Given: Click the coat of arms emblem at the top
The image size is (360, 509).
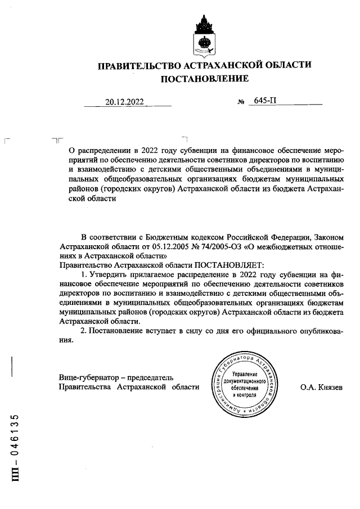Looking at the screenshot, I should (204, 34).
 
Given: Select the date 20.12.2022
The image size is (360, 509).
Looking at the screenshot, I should (124, 102).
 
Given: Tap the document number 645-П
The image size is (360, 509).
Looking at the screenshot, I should (266, 102).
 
